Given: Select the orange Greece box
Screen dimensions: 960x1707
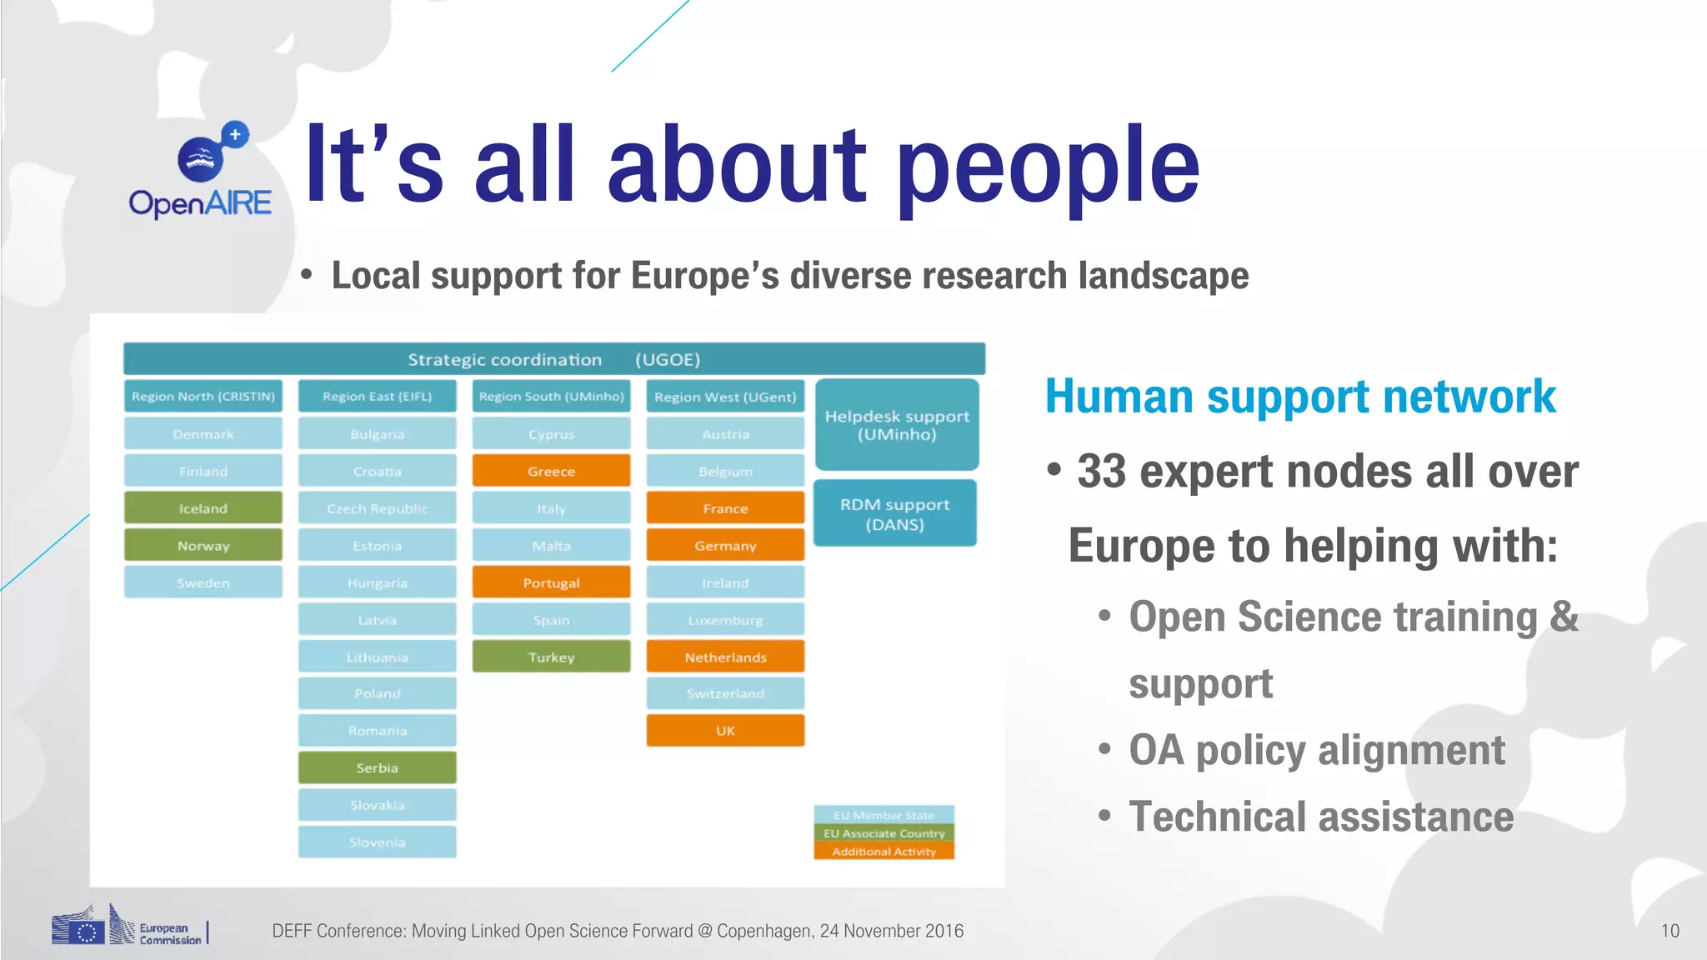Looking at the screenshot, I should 551,471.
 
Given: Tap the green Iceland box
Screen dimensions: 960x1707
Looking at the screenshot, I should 203,508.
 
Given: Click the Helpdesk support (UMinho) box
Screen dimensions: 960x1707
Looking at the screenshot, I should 897,425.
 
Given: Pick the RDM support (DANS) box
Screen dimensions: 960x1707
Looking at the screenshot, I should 894,514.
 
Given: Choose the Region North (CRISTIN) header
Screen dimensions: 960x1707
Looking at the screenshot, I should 203,397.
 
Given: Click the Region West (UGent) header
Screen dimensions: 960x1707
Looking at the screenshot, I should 725,397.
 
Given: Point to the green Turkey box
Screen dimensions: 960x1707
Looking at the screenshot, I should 551,657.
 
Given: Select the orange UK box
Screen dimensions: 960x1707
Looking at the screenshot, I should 725,731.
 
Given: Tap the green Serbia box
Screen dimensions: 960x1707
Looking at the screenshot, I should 377,767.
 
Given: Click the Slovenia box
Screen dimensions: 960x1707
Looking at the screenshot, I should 377,842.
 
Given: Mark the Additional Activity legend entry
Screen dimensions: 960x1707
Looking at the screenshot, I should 884,852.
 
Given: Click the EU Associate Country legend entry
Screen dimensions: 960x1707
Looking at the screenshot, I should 884,833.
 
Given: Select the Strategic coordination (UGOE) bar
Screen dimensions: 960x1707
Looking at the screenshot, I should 554,359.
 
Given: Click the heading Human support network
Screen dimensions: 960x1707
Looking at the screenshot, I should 1300,397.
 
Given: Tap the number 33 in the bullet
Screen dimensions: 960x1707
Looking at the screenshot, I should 1101,472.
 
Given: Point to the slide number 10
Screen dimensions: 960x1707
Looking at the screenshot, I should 1669,931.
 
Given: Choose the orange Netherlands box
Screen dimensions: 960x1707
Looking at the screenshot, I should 725,657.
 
